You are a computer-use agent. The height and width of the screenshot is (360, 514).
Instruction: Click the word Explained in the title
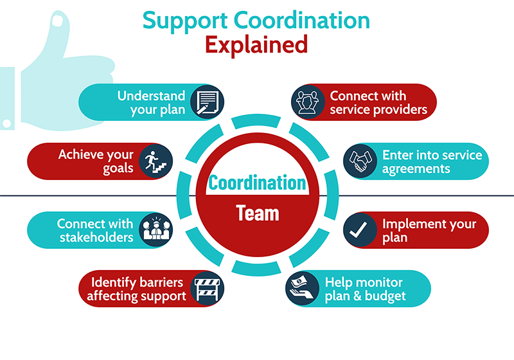tap(256, 45)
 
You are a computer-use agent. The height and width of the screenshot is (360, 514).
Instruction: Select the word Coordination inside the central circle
tap(257, 182)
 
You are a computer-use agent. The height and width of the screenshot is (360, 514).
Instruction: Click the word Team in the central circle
tap(257, 213)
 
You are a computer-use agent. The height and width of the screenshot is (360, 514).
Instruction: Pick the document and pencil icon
tap(206, 102)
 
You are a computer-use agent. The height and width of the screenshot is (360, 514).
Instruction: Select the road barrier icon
tap(206, 289)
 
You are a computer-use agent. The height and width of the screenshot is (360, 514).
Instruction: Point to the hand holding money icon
tap(303, 289)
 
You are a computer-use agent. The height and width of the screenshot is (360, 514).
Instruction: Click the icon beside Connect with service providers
tap(308, 102)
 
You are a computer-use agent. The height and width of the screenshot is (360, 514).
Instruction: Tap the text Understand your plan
tap(151, 102)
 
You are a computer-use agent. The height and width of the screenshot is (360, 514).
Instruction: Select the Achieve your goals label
tap(96, 161)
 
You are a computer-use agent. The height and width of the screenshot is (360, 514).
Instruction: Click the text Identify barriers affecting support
tap(136, 289)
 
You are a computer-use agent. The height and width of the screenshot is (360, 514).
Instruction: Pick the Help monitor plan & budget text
tap(364, 289)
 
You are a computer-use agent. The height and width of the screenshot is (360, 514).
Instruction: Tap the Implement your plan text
tap(429, 230)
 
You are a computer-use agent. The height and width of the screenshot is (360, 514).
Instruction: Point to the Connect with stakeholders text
tap(94, 230)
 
